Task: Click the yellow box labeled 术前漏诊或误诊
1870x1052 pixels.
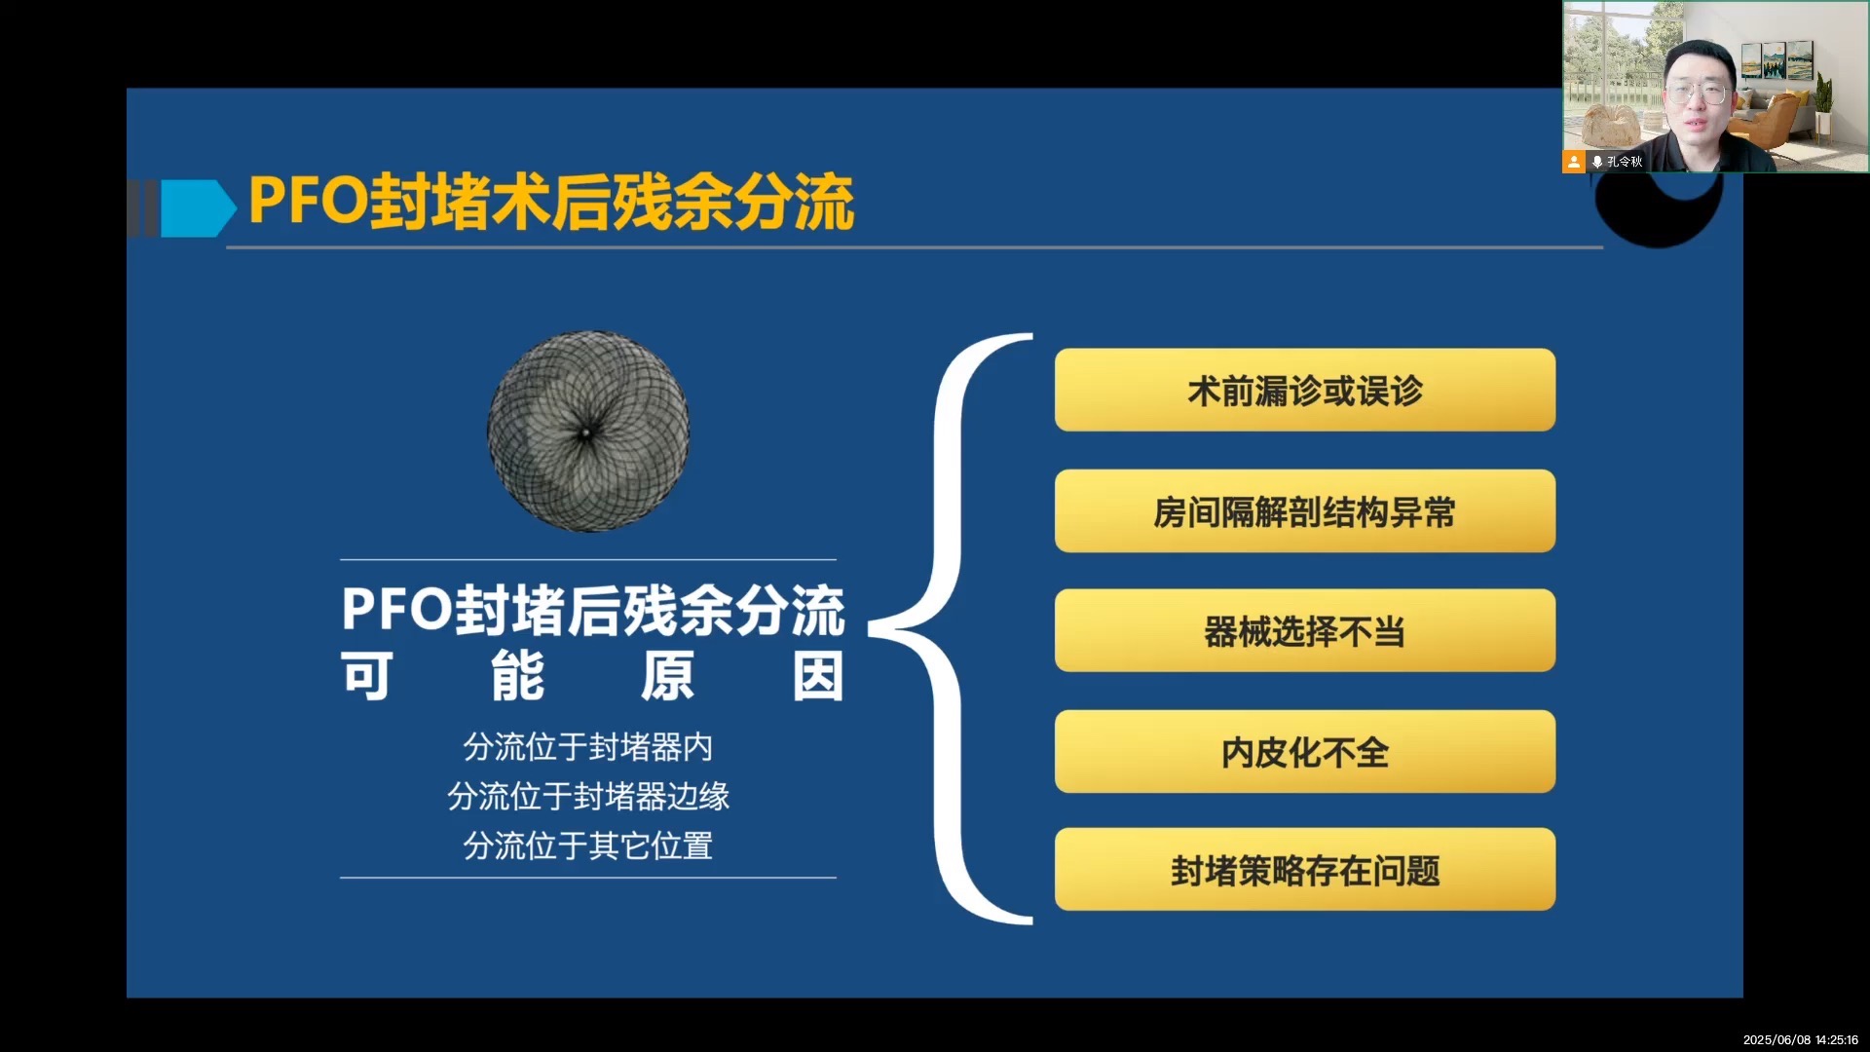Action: pos(1305,390)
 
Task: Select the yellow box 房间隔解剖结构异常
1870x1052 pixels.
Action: pos(1305,511)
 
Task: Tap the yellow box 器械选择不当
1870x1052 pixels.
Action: pos(1305,630)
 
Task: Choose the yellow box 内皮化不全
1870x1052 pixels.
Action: pos(1305,751)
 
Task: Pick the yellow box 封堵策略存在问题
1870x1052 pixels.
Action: pos(1305,870)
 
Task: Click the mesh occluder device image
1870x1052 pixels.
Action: pos(588,432)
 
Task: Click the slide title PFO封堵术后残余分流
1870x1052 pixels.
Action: pos(551,203)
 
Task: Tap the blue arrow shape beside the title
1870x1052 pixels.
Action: pos(198,208)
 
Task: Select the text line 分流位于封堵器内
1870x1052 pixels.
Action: pos(588,747)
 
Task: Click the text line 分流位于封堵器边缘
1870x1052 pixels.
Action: pos(588,797)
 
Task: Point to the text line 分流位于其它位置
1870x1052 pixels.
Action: pos(588,845)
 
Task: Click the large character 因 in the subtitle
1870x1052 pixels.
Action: pos(817,677)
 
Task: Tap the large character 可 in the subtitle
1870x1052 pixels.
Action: pos(367,677)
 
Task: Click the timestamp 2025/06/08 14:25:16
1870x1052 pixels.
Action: pos(1801,1039)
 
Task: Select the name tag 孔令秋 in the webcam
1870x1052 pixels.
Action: pos(1624,162)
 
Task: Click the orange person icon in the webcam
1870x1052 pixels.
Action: pos(1574,162)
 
